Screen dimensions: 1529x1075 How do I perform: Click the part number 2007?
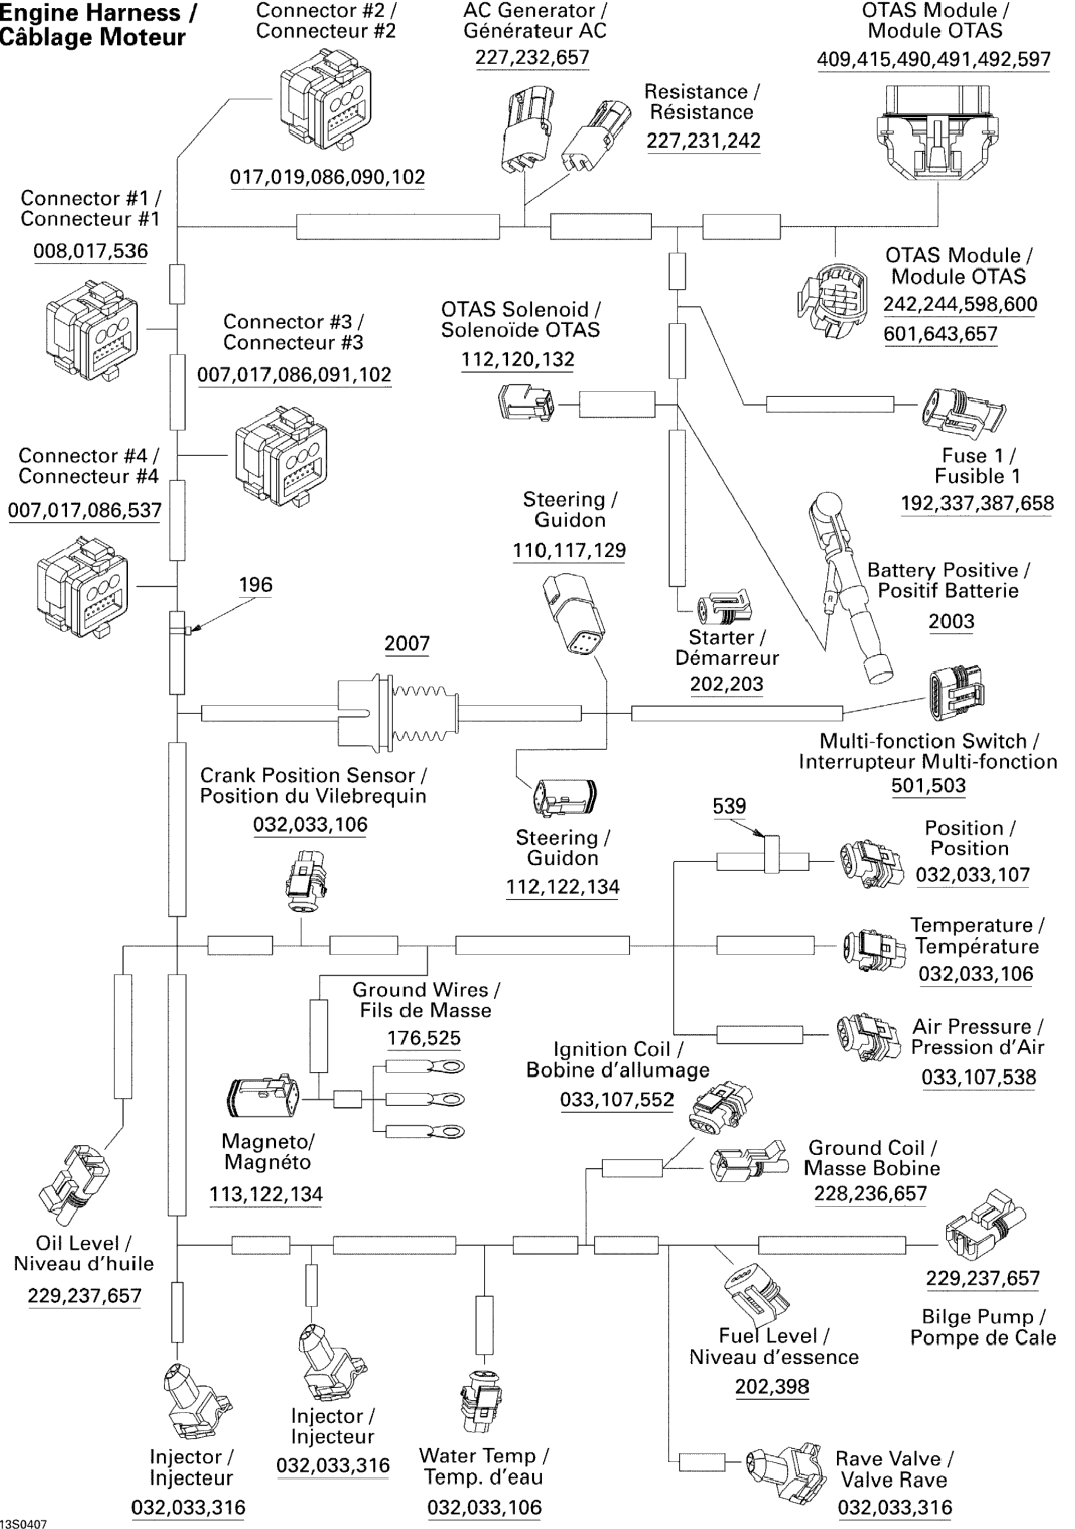(x=407, y=643)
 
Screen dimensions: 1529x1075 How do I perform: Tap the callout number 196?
(x=256, y=585)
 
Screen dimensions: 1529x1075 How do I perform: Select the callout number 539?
(x=729, y=806)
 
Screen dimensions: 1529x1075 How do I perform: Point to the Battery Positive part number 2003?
(x=951, y=621)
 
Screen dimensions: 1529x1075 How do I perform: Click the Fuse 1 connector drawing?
(x=962, y=411)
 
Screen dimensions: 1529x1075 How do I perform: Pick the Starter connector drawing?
(x=724, y=607)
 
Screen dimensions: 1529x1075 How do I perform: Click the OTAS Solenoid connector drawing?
(x=525, y=402)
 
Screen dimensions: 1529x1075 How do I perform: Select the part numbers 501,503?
(x=929, y=785)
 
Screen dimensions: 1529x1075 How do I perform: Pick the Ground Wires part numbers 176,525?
(x=424, y=1037)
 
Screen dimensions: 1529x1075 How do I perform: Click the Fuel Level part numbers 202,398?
(x=772, y=1387)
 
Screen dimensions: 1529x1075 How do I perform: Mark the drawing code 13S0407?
(x=24, y=1523)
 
